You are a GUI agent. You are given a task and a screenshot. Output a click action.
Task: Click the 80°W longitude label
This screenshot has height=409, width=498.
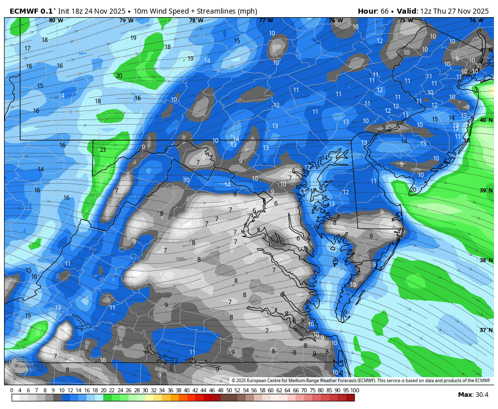click(x=56, y=21)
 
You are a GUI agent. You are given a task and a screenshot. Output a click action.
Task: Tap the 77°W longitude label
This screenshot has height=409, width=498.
click(x=266, y=21)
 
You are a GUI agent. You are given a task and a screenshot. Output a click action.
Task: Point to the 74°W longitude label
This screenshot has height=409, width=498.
click(x=475, y=21)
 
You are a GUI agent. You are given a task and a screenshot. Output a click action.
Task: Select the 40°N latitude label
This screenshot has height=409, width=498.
click(x=486, y=120)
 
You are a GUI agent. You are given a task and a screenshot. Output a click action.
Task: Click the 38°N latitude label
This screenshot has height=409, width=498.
click(x=486, y=261)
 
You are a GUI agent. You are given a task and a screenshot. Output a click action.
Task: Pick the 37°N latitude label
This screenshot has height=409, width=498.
click(x=486, y=331)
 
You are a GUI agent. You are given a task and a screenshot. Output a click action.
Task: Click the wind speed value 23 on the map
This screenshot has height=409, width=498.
click(x=103, y=150)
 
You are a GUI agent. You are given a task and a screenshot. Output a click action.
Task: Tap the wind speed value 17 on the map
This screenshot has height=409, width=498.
click(x=28, y=49)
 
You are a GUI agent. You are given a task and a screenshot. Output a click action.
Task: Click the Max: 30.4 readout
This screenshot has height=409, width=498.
click(x=473, y=395)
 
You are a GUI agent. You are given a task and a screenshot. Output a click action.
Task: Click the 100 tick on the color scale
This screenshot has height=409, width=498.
click(x=355, y=390)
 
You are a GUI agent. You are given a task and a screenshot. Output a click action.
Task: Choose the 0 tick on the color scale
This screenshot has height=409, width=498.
click(x=12, y=390)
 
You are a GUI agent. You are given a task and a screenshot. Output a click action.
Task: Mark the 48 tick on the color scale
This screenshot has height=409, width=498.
click(x=220, y=390)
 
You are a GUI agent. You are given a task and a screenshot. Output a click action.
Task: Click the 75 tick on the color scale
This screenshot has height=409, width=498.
click(x=313, y=390)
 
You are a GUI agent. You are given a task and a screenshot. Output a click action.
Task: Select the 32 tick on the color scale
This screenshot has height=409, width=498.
click(x=153, y=390)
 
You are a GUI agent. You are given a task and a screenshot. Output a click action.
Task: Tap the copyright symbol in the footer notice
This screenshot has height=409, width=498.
click(x=234, y=381)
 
